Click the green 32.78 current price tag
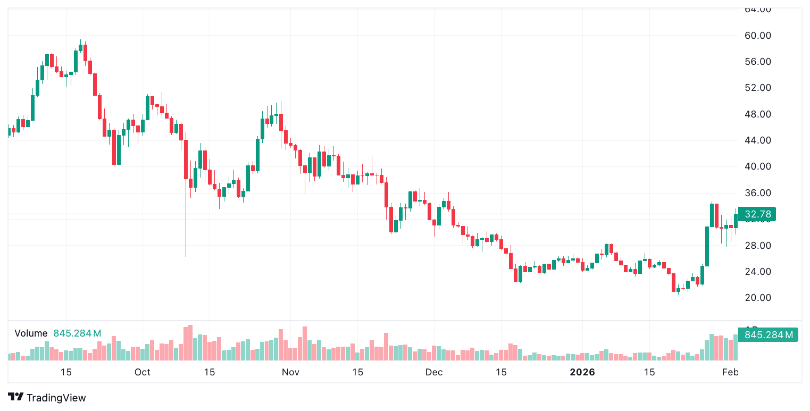[757, 214]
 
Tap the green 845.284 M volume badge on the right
[769, 335]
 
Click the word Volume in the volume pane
[31, 333]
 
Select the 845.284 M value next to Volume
[77, 333]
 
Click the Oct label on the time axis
[143, 372]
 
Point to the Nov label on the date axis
[290, 372]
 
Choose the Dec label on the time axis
[434, 372]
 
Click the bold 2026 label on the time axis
[582, 372]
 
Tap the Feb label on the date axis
[730, 372]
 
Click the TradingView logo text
[55, 398]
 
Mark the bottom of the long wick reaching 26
[186, 256]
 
